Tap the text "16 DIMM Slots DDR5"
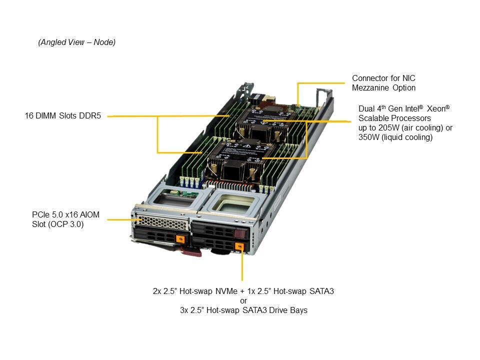coord(63,116)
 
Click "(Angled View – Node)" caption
coord(77,42)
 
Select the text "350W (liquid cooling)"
coord(395,137)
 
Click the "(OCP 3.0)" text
coord(58,224)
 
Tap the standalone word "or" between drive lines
coord(243,300)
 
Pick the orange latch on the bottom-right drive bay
coord(239,246)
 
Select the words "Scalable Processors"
coord(394,118)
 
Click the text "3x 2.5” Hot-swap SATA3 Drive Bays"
coord(243,310)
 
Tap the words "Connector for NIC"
coord(383,78)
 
